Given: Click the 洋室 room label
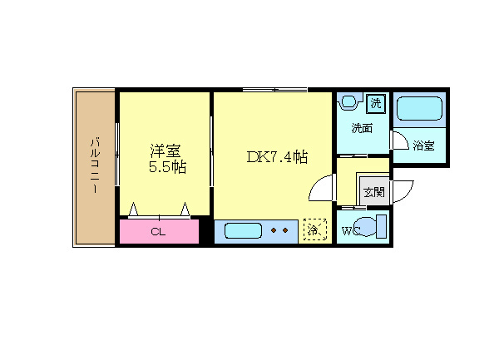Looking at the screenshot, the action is point(166,150).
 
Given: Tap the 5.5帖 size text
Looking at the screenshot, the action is point(167,167).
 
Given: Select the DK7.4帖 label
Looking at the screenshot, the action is point(277,157).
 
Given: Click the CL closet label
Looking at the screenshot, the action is point(158,232).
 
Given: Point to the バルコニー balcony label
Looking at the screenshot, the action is point(95,165).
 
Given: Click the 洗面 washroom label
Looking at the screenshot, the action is point(362,128).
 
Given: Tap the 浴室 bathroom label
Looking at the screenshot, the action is point(423,145).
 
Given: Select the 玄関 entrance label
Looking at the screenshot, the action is point(374,192).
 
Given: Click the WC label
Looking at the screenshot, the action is point(350,231).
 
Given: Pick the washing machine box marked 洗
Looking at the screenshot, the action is point(376,103).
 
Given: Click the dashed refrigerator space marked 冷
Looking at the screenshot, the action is point(314,229).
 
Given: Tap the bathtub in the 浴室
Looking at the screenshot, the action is point(419,108).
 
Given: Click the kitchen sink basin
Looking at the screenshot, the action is point(243,230).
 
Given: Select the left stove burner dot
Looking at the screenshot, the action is point(274,230).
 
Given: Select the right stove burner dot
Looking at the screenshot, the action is point(285,230).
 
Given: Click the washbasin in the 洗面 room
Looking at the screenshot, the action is point(350,101).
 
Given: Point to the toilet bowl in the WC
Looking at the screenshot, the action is point(366,226).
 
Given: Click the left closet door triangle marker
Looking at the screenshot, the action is point(133,209).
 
